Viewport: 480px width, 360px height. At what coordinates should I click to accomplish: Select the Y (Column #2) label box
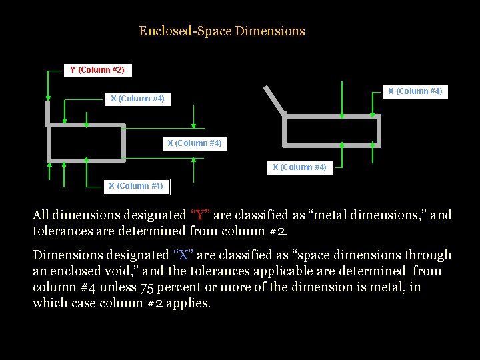[x=97, y=70]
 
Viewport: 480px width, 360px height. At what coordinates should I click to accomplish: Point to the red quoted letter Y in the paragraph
[x=201, y=215]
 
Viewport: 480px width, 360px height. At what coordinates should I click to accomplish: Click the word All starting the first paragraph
[x=41, y=215]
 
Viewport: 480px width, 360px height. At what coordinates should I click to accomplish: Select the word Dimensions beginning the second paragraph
[x=67, y=255]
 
